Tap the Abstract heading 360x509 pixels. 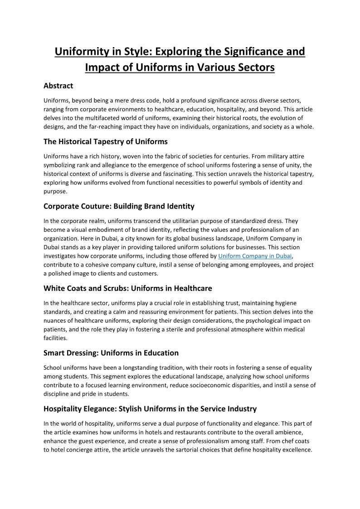tap(58, 85)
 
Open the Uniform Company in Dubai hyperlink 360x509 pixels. tap(255, 256)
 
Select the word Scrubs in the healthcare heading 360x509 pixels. tap(106, 288)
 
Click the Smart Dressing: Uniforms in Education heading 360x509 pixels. tap(111, 353)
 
